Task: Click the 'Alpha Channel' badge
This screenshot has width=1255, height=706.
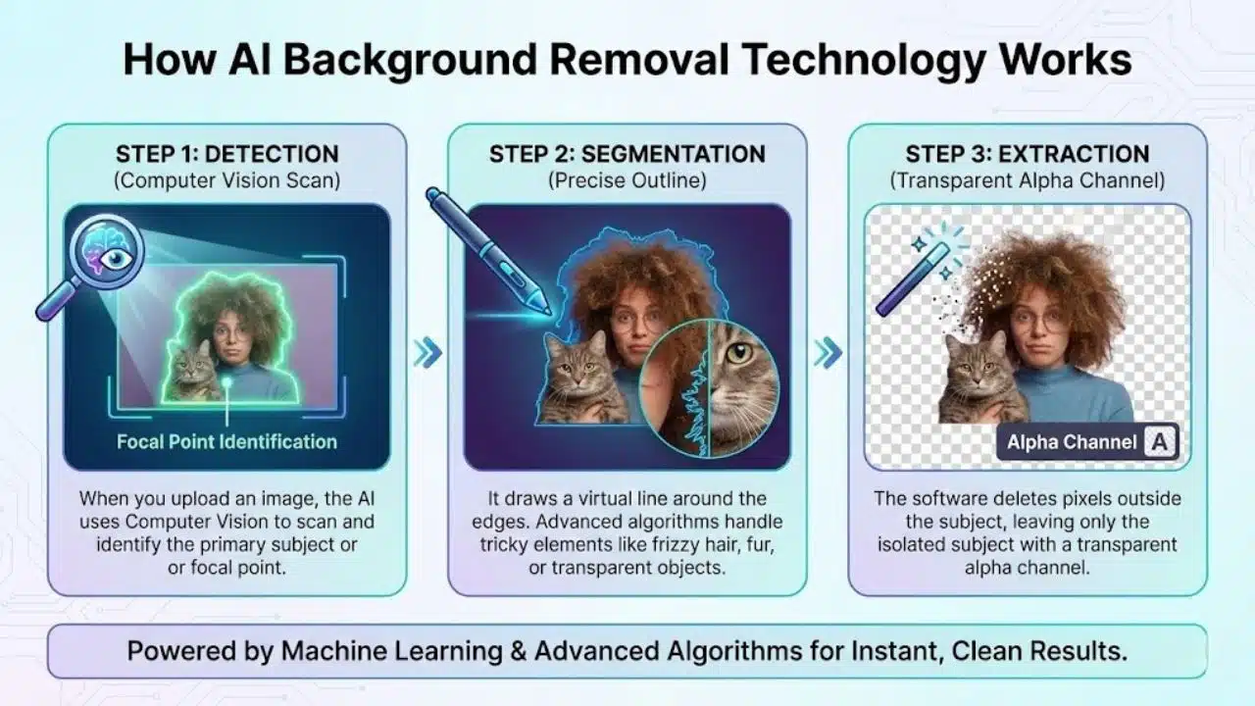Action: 1088,442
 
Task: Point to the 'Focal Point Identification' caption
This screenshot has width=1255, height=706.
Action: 226,441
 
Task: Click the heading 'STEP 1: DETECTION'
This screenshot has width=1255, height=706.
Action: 226,154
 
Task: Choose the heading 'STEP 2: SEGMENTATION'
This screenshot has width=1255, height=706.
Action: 627,154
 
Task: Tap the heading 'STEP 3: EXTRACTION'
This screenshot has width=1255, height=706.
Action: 1028,154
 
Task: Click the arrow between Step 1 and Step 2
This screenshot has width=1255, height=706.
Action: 427,352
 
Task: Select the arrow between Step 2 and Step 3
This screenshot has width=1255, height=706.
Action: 828,352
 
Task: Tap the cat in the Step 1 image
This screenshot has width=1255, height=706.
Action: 192,371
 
